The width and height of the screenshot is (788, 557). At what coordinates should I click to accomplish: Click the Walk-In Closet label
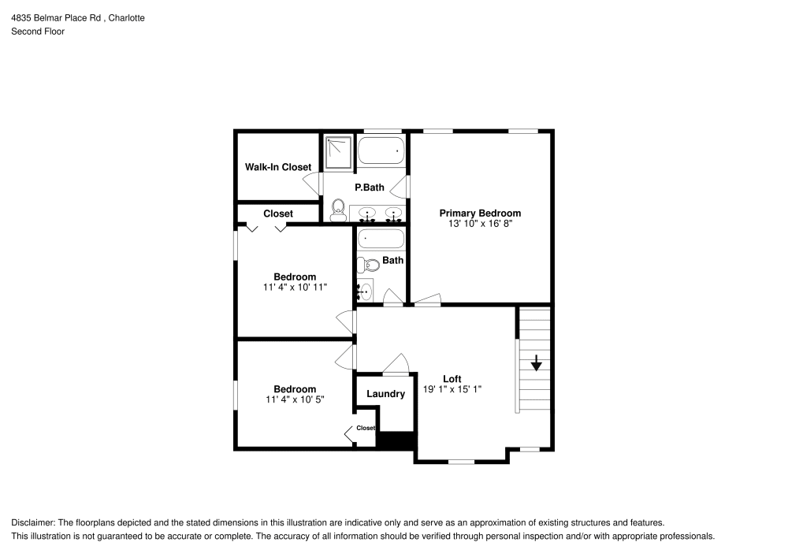[277, 167]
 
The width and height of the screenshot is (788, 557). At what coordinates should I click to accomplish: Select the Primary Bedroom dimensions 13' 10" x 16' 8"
[480, 224]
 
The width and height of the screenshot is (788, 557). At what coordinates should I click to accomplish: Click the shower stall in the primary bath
[339, 151]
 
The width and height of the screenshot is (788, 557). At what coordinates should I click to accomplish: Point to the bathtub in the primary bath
[381, 150]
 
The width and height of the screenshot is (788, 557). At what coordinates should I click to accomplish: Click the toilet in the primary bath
[339, 209]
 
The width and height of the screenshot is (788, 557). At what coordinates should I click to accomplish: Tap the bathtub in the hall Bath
[381, 239]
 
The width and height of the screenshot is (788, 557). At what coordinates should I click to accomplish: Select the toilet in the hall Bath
[367, 265]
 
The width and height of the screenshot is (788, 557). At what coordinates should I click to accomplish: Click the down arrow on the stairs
[536, 363]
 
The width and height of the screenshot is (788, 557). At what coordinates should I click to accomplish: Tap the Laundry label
[385, 394]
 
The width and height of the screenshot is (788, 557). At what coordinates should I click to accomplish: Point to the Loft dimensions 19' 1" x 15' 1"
[452, 389]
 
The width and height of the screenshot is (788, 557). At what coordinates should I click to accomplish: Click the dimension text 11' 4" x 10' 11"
[295, 288]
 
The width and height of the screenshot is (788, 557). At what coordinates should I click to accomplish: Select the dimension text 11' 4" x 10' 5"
[295, 399]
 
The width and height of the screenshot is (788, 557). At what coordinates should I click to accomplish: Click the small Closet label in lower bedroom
[366, 428]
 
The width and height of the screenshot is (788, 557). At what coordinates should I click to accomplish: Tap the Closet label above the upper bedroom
[278, 214]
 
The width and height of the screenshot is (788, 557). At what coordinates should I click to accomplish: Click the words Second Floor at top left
[38, 32]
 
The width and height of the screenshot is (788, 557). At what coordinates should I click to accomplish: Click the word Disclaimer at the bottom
[33, 522]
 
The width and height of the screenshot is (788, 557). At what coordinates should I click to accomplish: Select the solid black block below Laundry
[396, 441]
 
